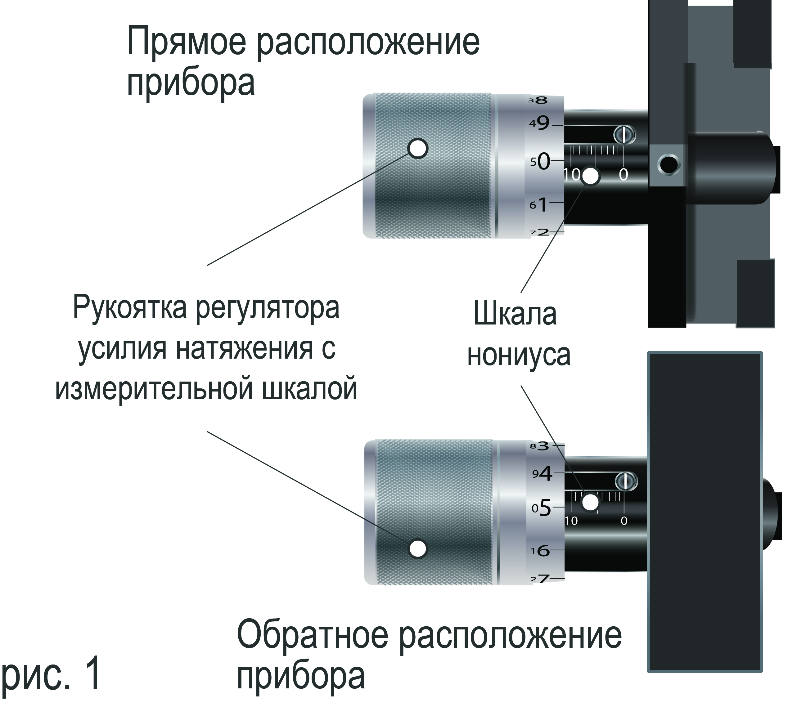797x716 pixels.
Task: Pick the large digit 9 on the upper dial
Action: click(543, 123)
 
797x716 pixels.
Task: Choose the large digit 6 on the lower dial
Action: click(543, 551)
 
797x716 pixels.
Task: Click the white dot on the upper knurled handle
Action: click(418, 148)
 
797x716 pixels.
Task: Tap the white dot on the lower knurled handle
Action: click(418, 548)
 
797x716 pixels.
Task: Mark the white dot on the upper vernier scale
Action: click(590, 177)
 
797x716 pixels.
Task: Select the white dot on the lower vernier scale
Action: click(590, 502)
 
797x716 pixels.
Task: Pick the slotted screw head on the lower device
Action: click(625, 481)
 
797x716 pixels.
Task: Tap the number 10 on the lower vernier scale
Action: click(571, 521)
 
